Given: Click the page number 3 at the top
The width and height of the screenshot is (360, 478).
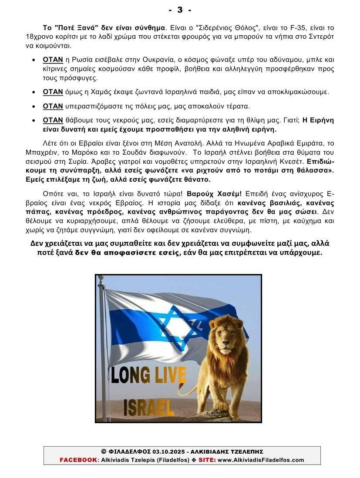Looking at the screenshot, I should click(180, 10).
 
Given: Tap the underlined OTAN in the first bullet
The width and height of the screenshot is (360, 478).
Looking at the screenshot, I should click(53, 60).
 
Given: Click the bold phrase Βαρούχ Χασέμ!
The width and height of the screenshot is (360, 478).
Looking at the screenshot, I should click(214, 193).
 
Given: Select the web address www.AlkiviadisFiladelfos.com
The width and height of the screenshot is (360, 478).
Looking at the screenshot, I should click(261, 460).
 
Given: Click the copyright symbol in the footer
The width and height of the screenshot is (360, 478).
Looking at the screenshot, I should click(104, 452).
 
